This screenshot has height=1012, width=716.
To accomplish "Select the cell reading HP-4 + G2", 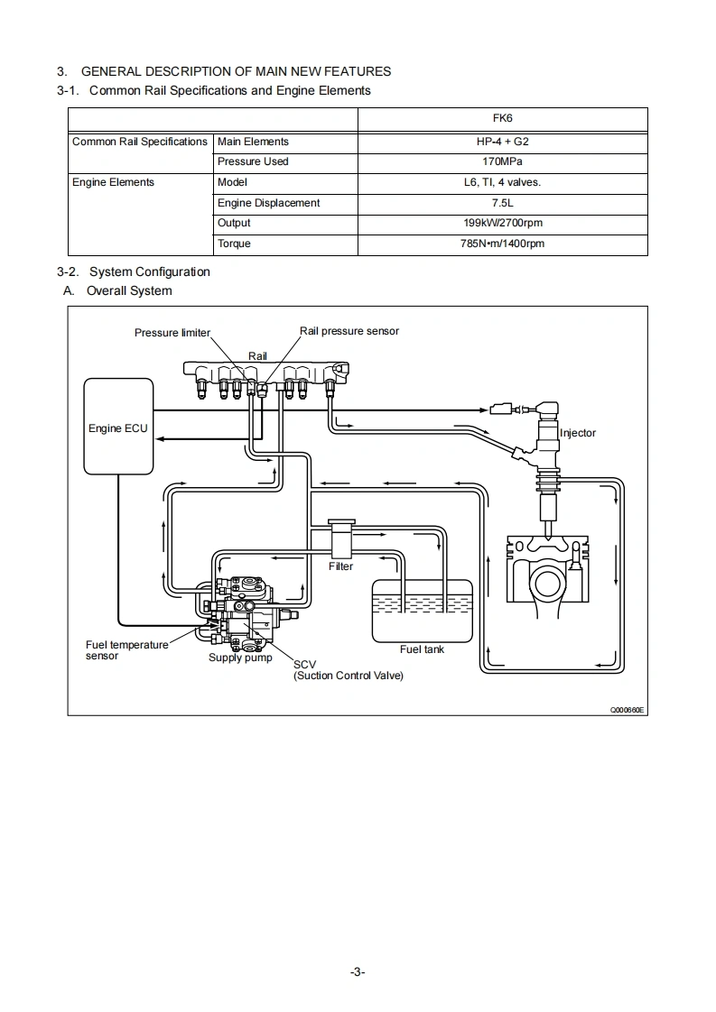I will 503,142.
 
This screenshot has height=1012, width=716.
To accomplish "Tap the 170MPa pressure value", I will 503,161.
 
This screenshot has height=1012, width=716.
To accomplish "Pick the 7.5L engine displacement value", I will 503,203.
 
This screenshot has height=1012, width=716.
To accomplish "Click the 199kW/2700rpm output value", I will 503,223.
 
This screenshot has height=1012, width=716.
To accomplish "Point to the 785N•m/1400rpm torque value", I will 503,244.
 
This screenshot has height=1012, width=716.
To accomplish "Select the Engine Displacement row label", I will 268,203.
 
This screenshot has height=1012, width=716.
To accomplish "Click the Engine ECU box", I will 117,427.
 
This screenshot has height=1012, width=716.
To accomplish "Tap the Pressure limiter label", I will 172,333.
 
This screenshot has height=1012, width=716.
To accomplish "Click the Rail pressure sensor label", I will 349,331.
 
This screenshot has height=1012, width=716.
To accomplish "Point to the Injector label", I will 578,433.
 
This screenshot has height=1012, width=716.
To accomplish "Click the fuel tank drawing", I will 422,611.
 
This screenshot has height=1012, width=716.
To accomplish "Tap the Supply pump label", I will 240,658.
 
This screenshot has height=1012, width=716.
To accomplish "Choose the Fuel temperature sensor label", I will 126,650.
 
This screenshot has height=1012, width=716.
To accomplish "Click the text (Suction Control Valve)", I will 349,676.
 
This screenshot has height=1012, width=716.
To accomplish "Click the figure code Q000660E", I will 628,710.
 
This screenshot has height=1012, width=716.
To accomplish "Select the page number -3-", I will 358,971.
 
